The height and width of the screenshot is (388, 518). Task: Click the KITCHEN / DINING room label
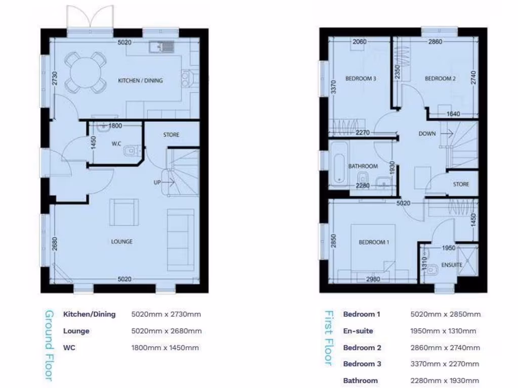point(140,80)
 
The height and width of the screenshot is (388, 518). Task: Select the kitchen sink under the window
point(161,48)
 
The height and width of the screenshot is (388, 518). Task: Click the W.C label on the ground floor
point(116,143)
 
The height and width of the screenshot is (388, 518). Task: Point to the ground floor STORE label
point(171,135)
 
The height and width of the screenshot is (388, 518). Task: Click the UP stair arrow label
point(158,182)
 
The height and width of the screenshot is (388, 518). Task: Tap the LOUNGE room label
point(122,241)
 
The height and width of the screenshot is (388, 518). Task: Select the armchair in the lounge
point(124,212)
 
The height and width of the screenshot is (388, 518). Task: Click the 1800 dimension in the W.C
point(115,125)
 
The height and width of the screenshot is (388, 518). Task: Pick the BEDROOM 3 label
point(361,78)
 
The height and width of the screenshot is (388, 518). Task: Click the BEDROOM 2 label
point(440,78)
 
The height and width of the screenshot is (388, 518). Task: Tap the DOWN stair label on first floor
point(427,134)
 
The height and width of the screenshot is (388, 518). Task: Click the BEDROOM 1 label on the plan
point(374,242)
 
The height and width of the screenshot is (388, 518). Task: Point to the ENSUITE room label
point(451,264)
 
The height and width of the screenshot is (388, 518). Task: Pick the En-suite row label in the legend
point(358,331)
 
